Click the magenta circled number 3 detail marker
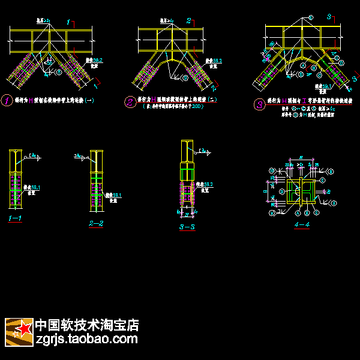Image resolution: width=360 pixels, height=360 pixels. [259, 104]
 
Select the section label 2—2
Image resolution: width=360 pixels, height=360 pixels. [96, 223]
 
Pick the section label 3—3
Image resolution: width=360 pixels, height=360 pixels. [187, 227]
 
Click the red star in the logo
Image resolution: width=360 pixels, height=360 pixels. [24, 329]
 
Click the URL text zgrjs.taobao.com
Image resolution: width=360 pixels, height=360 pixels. [87, 340]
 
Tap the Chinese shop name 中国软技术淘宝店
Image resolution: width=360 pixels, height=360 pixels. [87, 325]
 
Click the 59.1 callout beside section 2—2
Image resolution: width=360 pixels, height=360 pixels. [113, 195]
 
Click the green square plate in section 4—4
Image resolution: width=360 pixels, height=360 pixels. [294, 192]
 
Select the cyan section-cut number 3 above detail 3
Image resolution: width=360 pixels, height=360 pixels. [329, 17]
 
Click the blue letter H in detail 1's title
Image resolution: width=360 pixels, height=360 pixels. [32, 101]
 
